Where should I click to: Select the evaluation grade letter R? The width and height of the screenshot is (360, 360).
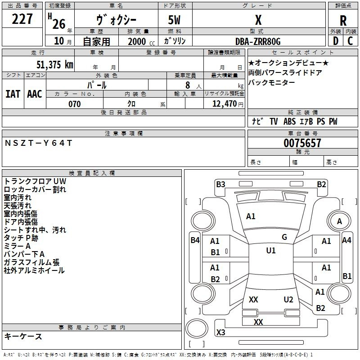(343, 20)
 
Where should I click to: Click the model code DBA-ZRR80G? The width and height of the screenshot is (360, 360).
(258, 41)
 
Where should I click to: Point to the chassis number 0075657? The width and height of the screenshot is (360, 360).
(302, 143)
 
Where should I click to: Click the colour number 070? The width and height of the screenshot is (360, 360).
(74, 104)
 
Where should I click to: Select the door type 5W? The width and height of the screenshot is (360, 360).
(175, 20)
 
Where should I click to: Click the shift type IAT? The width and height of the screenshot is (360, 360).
(13, 94)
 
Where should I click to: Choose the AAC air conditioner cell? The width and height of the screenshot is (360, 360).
(35, 94)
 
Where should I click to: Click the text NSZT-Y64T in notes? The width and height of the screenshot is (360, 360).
(38, 143)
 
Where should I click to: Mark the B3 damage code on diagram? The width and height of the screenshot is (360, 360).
(220, 184)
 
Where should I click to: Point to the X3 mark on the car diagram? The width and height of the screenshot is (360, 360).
(220, 332)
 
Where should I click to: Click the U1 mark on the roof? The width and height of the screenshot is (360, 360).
(270, 251)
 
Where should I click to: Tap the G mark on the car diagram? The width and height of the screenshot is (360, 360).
(284, 237)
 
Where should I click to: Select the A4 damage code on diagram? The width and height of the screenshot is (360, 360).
(346, 240)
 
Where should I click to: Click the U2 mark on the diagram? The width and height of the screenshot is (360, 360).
(288, 300)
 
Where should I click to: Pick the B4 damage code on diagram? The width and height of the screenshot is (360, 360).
(195, 240)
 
